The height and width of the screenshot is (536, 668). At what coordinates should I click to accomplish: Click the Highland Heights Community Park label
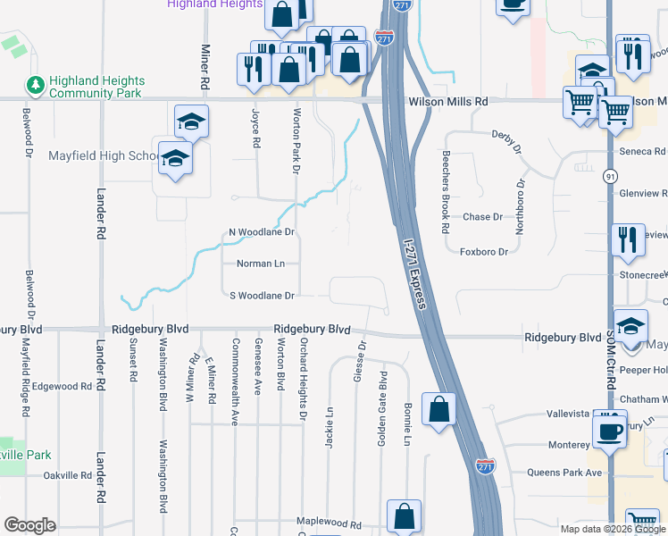(96, 87)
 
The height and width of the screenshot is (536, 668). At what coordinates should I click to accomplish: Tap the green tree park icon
(37, 86)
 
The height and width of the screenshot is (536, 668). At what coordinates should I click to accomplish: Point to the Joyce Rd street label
(255, 129)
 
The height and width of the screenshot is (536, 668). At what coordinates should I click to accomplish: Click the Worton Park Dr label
(296, 136)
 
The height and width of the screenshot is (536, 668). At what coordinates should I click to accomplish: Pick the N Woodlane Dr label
(262, 232)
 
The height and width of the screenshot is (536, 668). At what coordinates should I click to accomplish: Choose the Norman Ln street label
(261, 264)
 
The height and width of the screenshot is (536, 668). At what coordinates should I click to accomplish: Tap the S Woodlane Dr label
(262, 295)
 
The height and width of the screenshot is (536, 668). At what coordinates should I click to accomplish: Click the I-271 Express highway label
(415, 273)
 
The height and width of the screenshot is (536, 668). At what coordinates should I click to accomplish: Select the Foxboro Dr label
(483, 252)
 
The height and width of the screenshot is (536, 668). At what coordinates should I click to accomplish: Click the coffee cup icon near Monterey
(611, 431)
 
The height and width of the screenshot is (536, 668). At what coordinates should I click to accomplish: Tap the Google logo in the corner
(29, 524)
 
